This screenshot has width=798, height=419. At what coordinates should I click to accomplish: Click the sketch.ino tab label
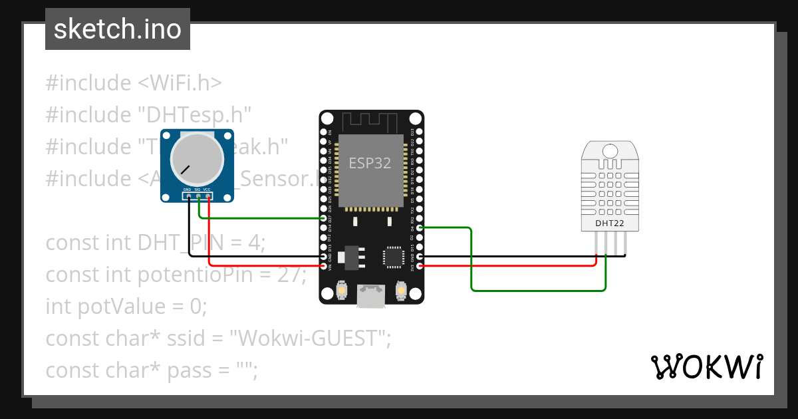[117, 29]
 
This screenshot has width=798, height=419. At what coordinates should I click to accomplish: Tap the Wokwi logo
[706, 366]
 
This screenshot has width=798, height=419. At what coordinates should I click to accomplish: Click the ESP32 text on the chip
[370, 162]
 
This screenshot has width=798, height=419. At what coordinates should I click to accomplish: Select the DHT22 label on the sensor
[609, 223]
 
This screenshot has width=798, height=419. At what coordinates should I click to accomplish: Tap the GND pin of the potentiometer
[188, 195]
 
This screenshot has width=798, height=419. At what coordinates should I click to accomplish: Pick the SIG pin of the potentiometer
[198, 195]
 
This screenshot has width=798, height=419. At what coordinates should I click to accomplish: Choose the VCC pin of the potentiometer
[208, 195]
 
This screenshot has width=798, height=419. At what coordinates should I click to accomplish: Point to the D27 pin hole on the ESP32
[324, 218]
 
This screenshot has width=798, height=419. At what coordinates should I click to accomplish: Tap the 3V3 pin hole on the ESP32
[418, 266]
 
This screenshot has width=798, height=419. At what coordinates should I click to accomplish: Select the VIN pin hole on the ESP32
[324, 266]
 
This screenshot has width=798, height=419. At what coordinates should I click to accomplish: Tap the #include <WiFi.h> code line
[133, 83]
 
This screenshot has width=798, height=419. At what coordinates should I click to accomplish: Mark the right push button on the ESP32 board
[401, 291]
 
